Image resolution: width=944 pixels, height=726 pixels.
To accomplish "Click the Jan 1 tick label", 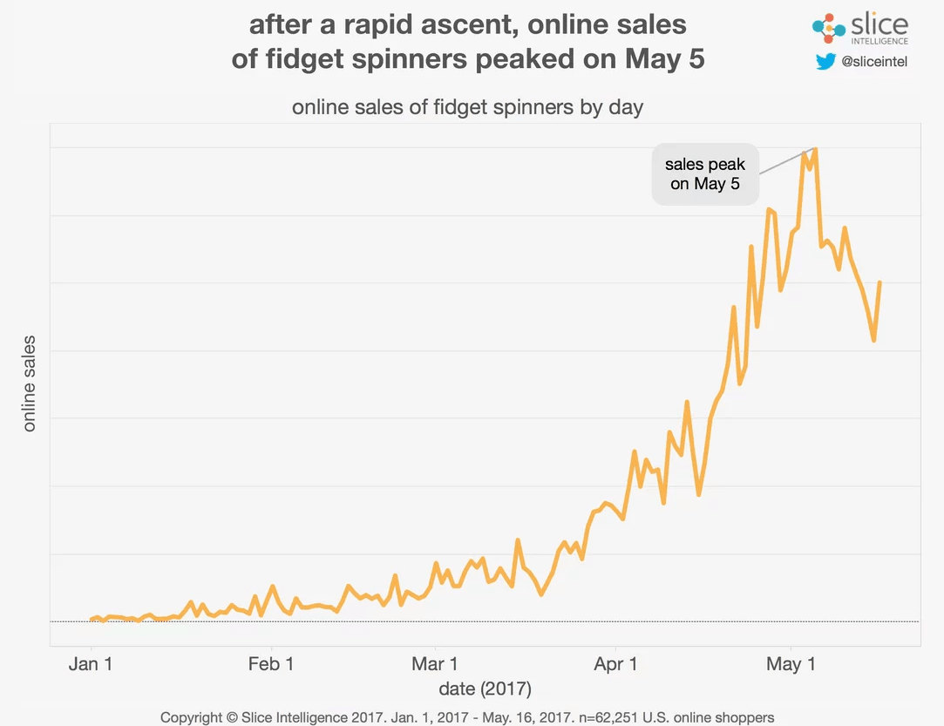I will coord(91,664).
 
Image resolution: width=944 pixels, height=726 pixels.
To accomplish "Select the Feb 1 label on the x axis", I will coord(271,664).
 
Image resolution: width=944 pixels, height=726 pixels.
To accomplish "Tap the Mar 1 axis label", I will coord(434,664).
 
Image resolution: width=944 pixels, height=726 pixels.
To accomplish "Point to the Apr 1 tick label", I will coord(615,664).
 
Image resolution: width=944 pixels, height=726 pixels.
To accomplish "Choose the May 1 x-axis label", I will coord(790,664).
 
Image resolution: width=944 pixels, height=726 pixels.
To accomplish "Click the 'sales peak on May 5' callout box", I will coord(705,174).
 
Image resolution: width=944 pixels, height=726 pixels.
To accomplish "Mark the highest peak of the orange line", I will coord(815,149).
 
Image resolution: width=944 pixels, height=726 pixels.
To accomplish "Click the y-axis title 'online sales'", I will coord(30,383).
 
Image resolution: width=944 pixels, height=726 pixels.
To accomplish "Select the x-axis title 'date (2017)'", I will coord(485,689).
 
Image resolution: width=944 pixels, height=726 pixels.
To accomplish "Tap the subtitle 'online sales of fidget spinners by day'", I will coord(467,108).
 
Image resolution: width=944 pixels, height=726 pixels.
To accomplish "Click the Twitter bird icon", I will coord(825,62).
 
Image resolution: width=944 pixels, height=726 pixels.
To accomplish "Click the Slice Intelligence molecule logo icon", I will coord(828,29).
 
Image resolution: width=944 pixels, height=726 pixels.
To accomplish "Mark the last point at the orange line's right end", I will coord(879,283).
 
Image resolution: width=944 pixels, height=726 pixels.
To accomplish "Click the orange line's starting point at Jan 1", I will coord(92,620).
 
